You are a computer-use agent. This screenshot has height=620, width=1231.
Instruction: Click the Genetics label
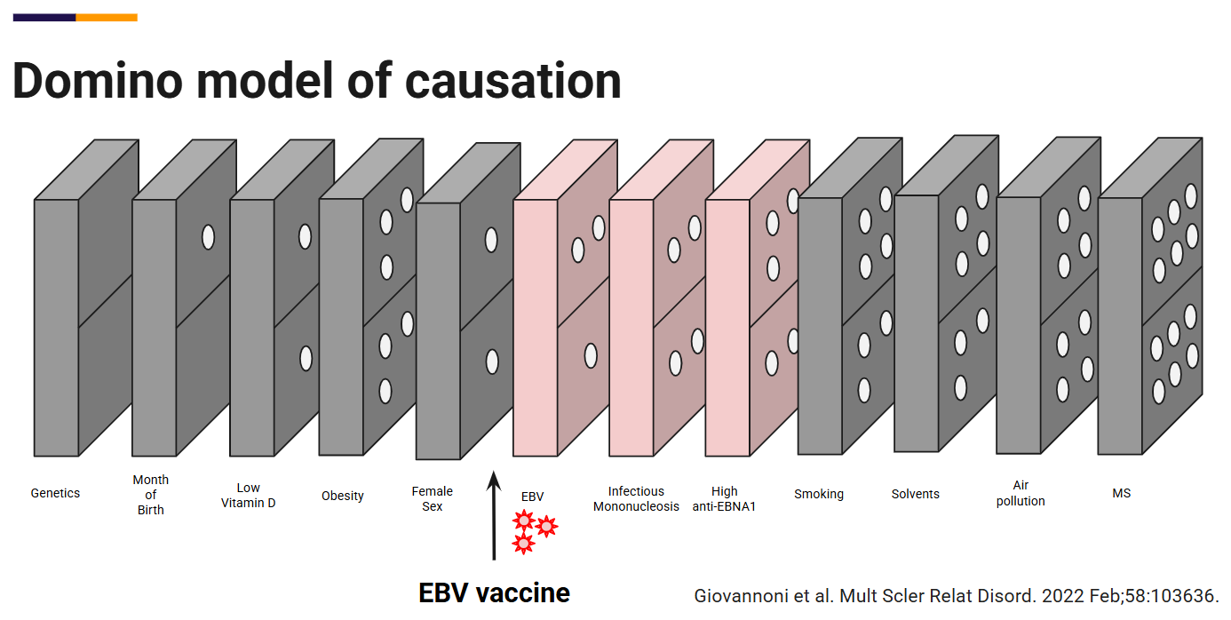point(55,493)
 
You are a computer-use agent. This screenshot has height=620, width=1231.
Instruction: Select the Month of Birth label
point(150,495)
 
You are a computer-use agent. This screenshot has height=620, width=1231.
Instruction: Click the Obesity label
point(343,496)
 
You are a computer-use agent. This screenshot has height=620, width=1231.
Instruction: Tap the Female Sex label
point(433,498)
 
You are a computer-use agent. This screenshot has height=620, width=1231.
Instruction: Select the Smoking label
point(819,494)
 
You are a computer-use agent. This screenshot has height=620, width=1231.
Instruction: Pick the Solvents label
point(916,494)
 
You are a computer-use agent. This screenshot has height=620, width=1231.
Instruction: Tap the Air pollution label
point(1021,493)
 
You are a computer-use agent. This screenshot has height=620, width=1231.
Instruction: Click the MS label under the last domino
point(1122,493)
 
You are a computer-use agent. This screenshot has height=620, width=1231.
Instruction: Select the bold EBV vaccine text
point(494,592)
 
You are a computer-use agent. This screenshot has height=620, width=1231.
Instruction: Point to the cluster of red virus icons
point(534,530)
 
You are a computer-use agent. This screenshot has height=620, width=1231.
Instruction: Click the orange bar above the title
point(107,17)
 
